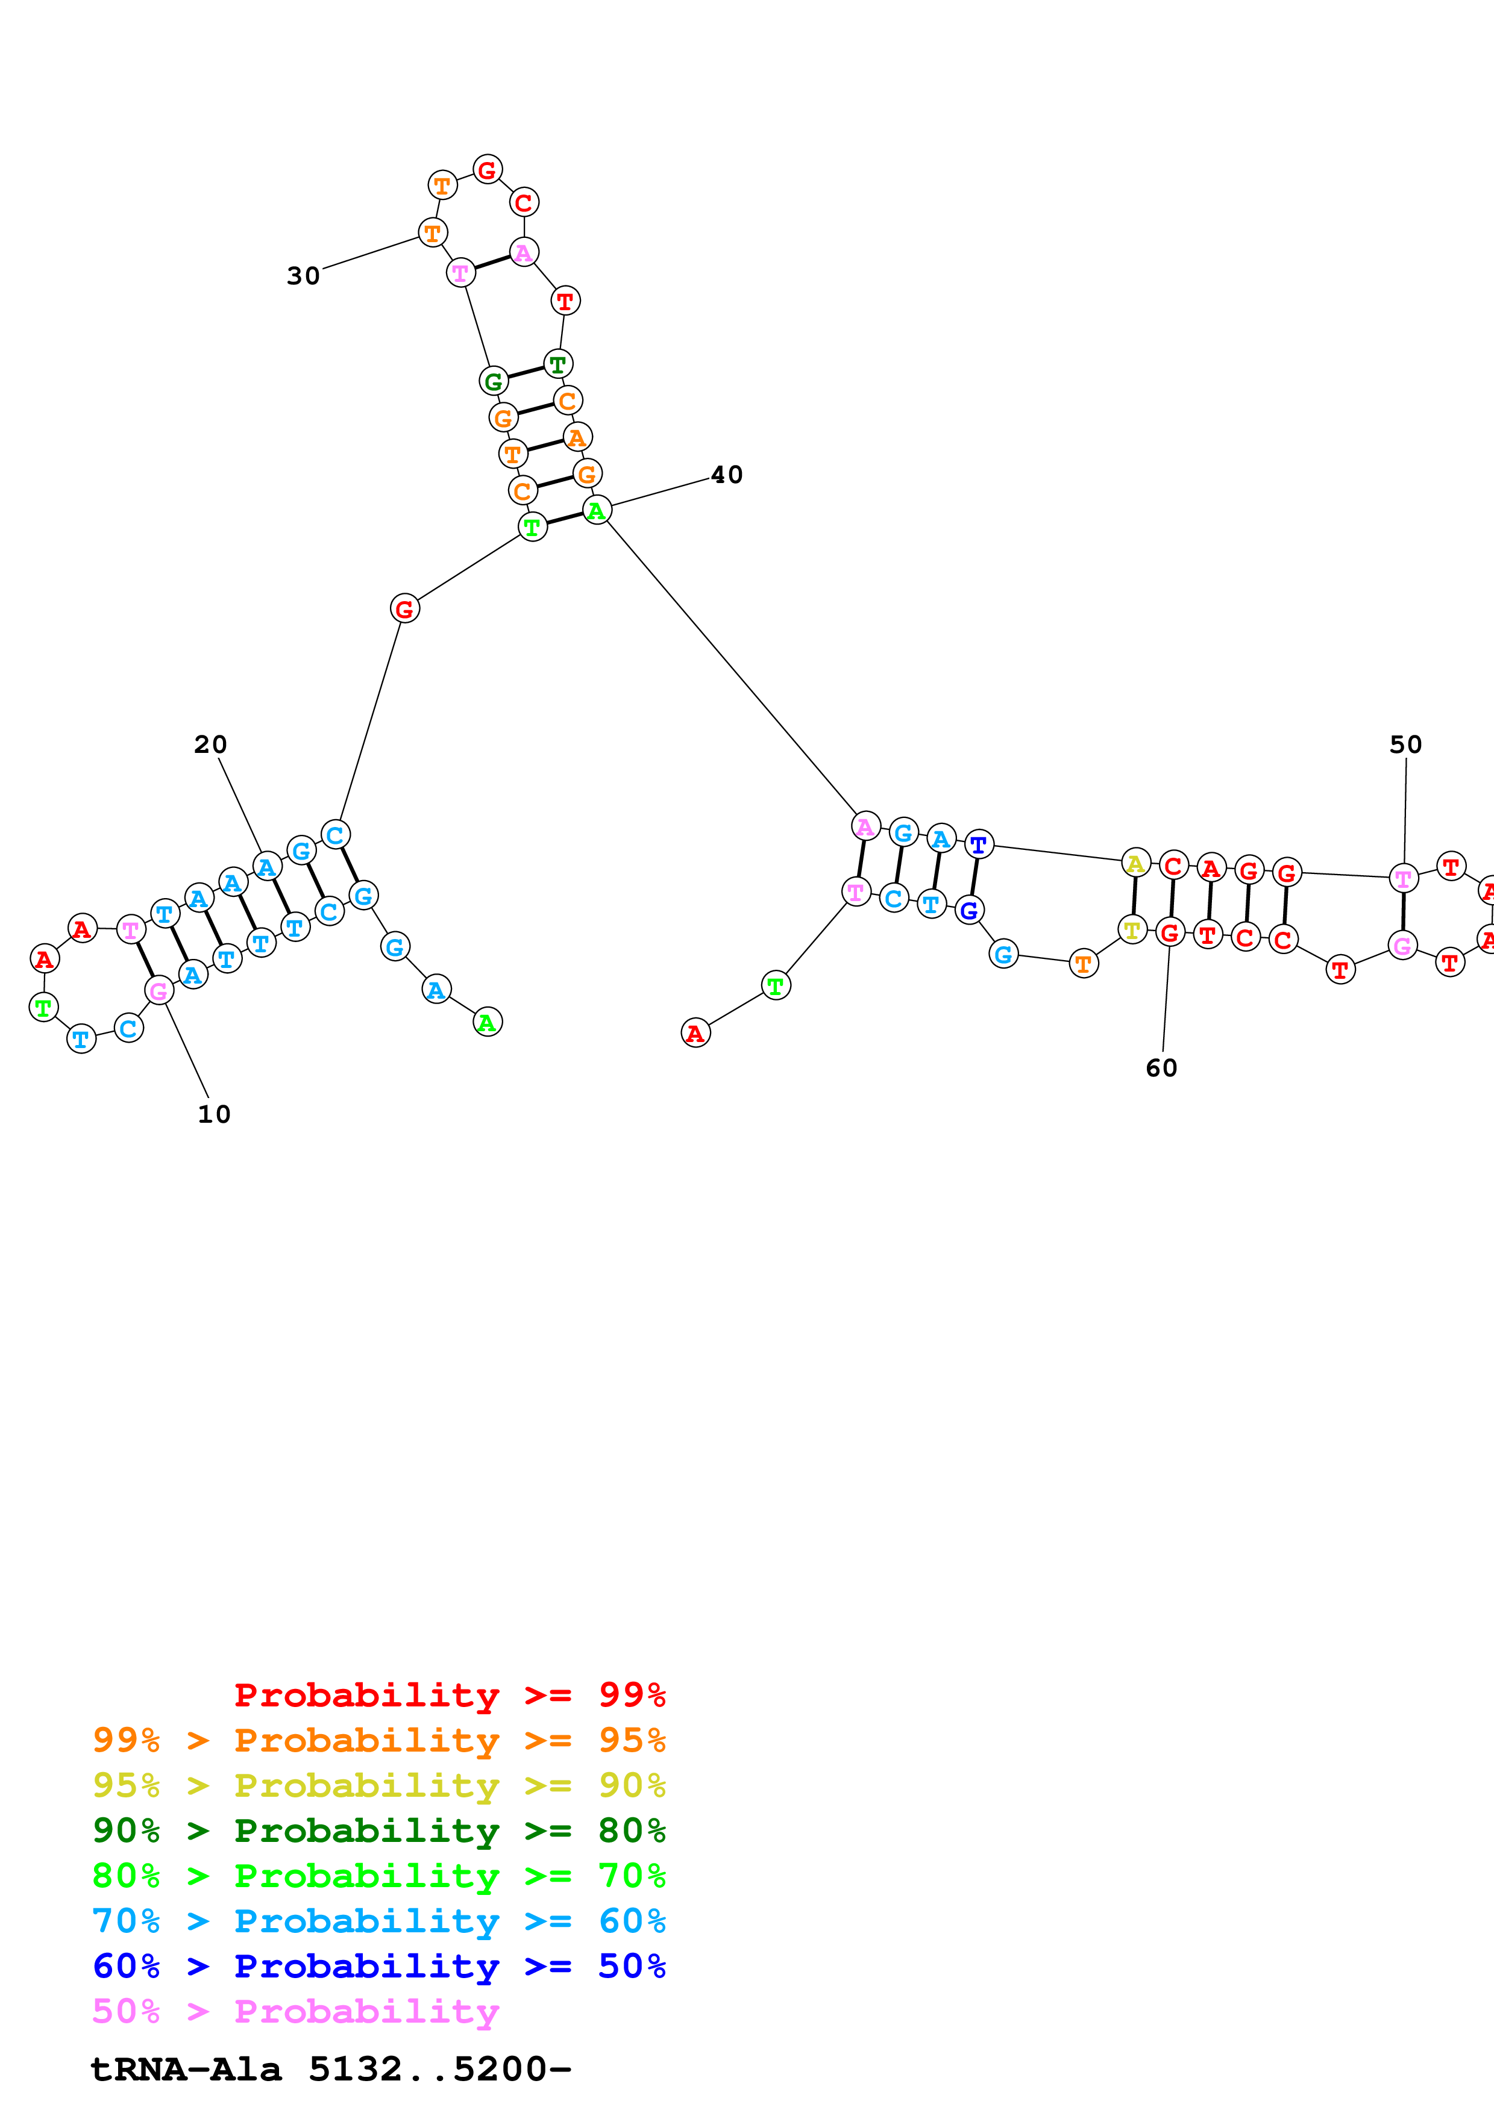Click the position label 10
tap(213, 1114)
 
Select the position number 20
tap(210, 744)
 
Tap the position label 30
tap(303, 276)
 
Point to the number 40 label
tap(726, 475)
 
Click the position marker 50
tap(1405, 744)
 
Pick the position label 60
tap(1162, 1069)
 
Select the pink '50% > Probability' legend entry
tap(295, 2012)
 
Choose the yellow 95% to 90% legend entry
tap(378, 1785)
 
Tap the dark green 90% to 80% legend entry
tap(378, 1831)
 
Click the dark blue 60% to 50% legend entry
tap(378, 1967)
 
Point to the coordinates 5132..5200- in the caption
tap(440, 2070)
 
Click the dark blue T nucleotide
tap(979, 844)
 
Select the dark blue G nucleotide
tap(968, 910)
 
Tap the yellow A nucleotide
tap(1136, 863)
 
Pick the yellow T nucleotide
tap(1132, 929)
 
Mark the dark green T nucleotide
tap(558, 364)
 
